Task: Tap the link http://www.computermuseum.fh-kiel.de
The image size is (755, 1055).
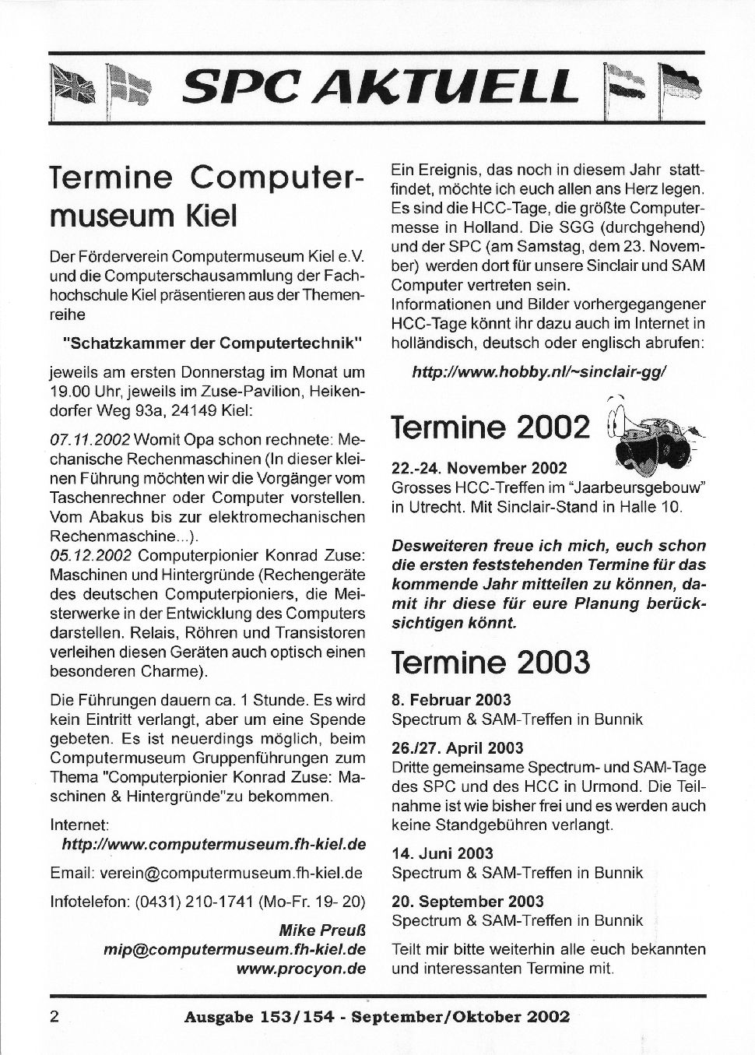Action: (x=213, y=844)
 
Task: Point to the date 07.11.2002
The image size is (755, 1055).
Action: (x=89, y=439)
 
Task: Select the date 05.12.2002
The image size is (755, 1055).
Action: (x=89, y=556)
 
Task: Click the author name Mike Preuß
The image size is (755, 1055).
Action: (x=322, y=931)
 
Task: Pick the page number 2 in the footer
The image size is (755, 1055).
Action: (x=54, y=1016)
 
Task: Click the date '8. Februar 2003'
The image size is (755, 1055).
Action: (x=451, y=699)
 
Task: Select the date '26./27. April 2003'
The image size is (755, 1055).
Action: (x=458, y=748)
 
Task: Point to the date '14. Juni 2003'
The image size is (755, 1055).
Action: (x=442, y=853)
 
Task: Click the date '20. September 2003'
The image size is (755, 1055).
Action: (x=468, y=902)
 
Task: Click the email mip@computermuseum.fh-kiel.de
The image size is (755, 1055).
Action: (x=234, y=950)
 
